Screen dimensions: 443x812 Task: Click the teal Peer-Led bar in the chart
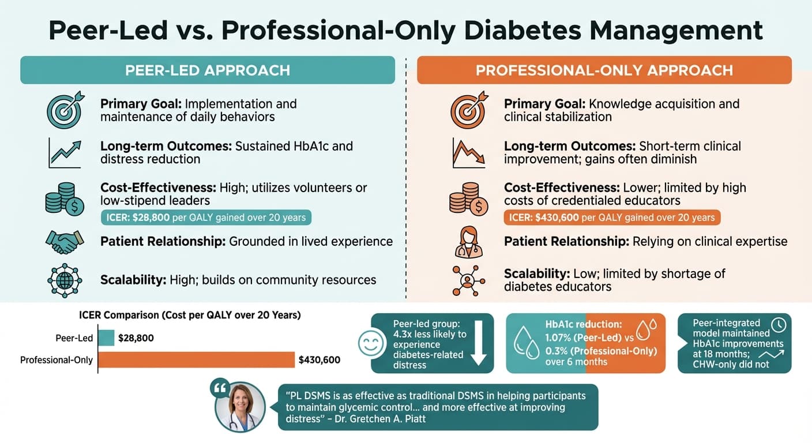tap(107, 338)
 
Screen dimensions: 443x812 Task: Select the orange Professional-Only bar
tap(197, 360)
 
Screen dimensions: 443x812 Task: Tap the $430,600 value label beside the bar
tap(319, 360)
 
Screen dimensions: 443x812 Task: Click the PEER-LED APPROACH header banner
tap(208, 70)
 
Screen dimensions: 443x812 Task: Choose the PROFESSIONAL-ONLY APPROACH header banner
tap(604, 70)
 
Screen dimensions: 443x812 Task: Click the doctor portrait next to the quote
tap(240, 406)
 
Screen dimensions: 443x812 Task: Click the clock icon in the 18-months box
tap(778, 325)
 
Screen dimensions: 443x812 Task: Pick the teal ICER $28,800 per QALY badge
tap(206, 217)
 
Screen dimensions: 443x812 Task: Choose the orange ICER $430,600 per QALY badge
tap(612, 217)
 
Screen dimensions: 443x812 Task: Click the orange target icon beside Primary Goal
tap(468, 109)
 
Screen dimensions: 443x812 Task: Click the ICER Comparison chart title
tap(190, 316)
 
